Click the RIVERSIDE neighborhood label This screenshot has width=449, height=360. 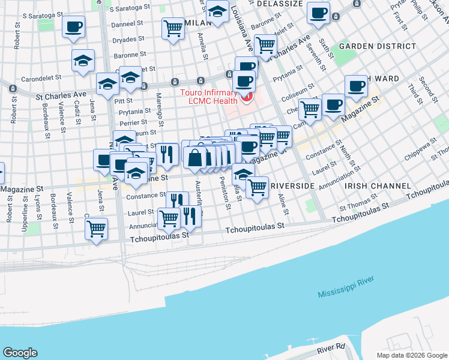292,187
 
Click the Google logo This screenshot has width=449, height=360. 19,353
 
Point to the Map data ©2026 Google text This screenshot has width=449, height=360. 411,355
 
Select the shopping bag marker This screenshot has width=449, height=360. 196,158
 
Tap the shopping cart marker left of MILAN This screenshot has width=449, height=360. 173,28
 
